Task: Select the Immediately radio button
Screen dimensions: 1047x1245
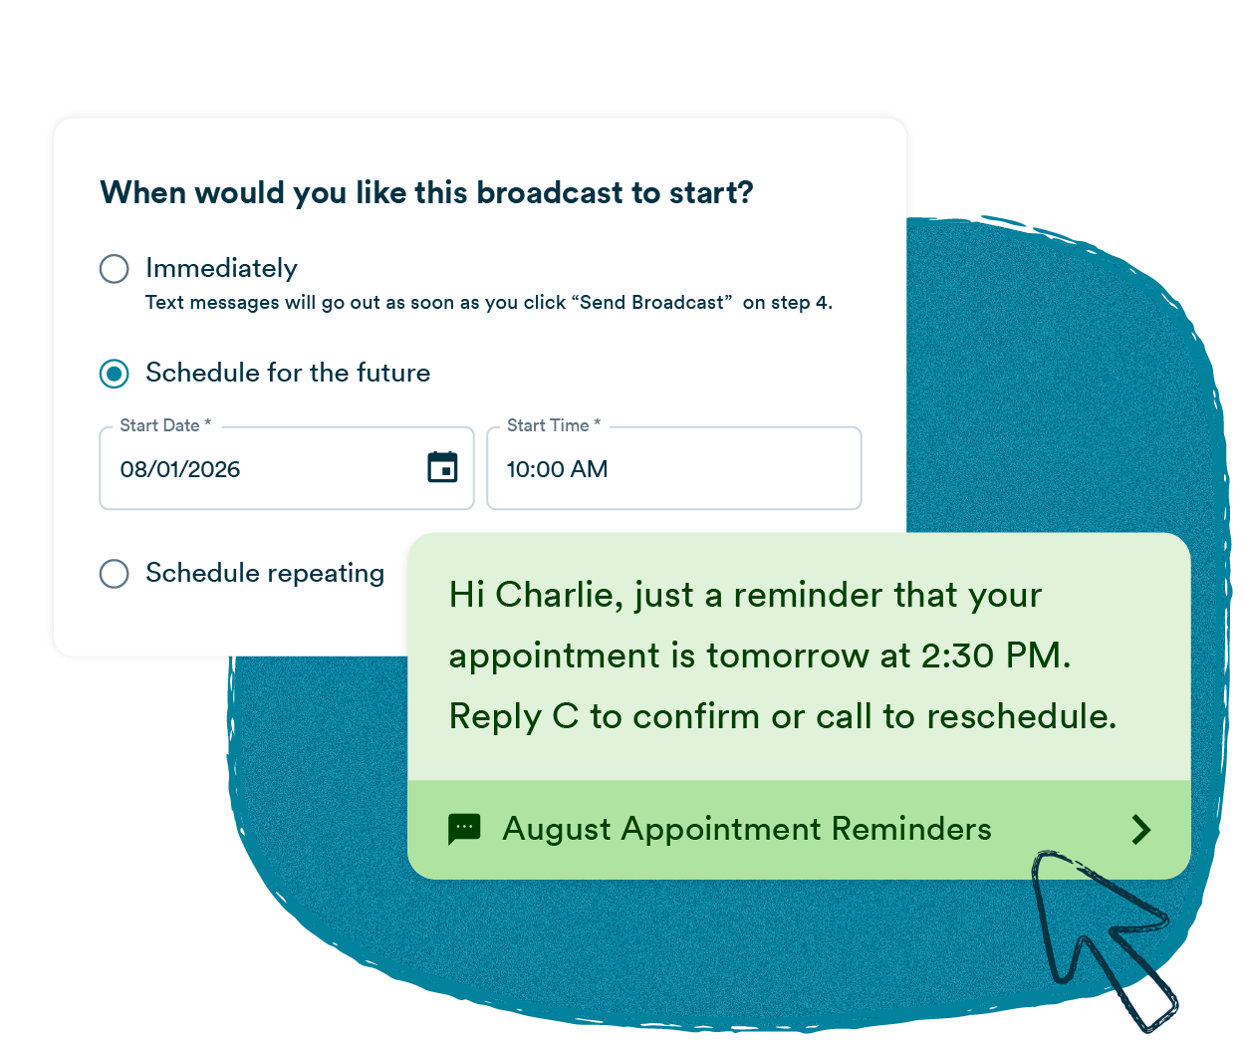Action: point(115,269)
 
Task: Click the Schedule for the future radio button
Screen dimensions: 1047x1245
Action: point(115,374)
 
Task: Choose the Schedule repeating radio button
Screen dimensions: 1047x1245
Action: point(115,574)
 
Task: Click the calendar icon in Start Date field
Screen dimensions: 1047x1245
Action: point(442,467)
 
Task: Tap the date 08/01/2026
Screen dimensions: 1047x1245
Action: point(180,469)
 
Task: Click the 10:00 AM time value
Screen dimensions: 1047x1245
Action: point(557,469)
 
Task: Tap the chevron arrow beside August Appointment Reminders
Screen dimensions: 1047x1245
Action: point(1141,830)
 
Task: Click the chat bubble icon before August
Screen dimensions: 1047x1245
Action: point(464,829)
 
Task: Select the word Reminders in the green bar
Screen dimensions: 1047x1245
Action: point(911,829)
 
